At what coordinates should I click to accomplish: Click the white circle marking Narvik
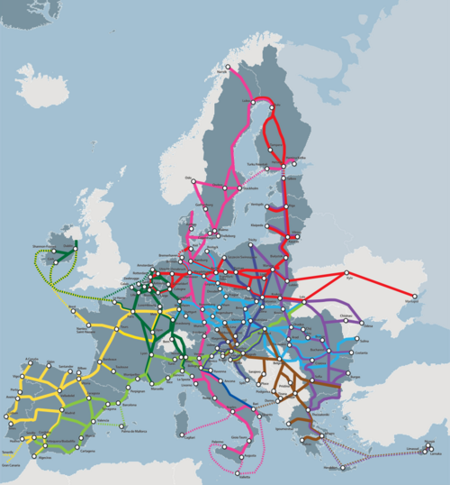point(228,67)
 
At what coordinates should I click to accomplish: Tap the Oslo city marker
point(193,181)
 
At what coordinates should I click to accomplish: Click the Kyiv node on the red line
point(346,273)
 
